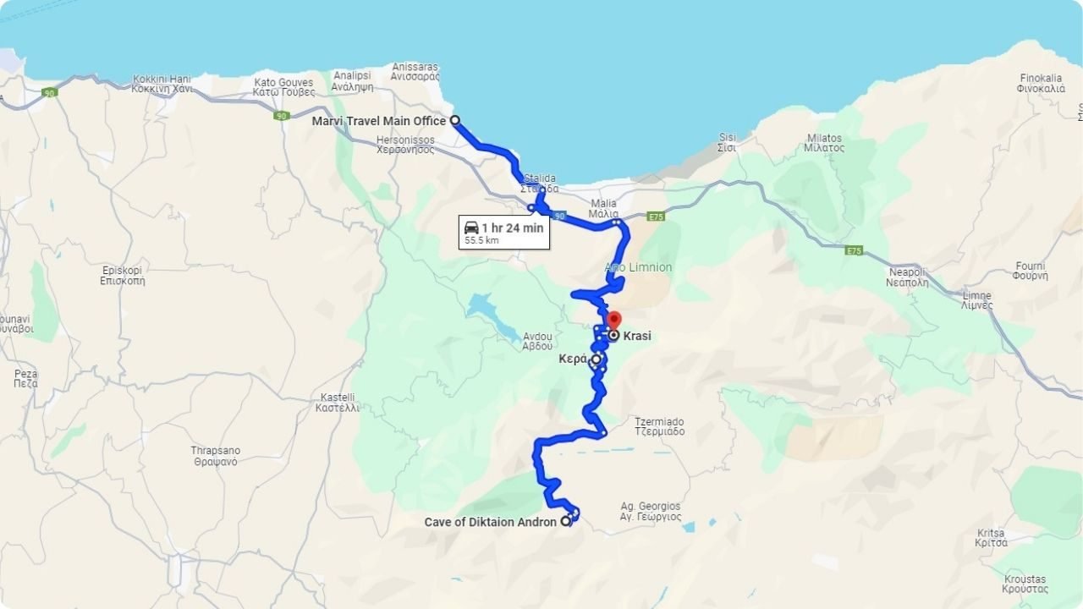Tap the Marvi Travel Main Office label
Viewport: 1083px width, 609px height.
[378, 121]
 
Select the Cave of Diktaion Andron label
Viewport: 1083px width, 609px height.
[490, 522]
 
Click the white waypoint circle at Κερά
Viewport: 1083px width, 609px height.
[596, 359]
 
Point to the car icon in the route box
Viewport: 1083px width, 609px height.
[471, 228]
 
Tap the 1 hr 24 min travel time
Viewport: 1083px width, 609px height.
[512, 228]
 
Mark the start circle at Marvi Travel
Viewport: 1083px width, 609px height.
[454, 120]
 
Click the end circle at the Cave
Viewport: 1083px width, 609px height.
[565, 521]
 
